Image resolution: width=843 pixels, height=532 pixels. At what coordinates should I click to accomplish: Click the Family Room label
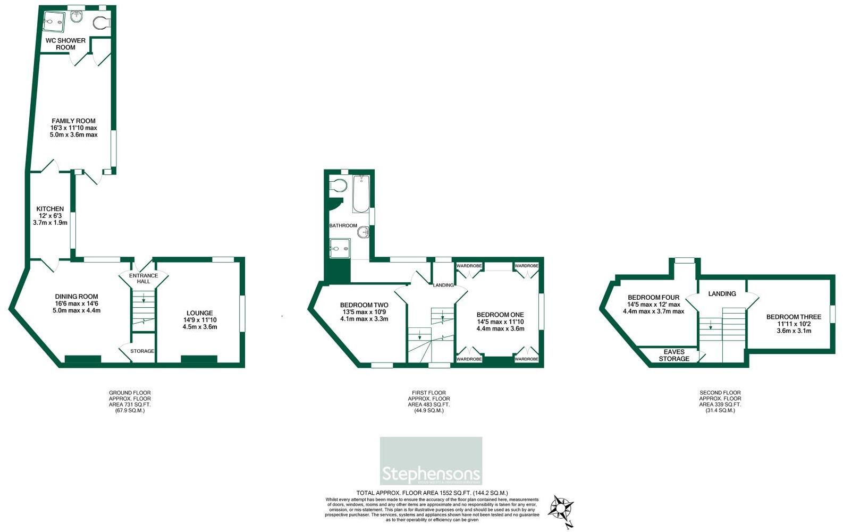(x=74, y=121)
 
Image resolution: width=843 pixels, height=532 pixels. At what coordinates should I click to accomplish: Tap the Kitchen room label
(x=50, y=209)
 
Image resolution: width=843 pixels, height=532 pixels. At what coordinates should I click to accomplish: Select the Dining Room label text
(x=77, y=297)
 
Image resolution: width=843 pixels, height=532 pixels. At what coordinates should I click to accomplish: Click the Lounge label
(x=200, y=313)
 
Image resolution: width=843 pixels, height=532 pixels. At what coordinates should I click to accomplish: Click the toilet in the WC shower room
(x=100, y=22)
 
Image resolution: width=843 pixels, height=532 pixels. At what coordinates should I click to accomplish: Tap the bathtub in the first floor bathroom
(x=361, y=194)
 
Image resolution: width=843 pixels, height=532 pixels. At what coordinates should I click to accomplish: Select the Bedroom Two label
(x=364, y=305)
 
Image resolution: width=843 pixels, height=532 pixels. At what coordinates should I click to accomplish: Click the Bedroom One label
(x=500, y=315)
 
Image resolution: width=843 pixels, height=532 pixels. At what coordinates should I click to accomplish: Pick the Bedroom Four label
(x=653, y=298)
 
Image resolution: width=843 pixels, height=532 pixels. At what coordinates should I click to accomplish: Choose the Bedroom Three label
(x=794, y=317)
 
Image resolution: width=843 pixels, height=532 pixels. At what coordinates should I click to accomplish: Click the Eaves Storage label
(x=674, y=355)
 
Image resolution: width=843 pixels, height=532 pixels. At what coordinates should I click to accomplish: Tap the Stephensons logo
(x=431, y=461)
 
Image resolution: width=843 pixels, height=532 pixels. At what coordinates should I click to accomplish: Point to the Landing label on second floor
(x=722, y=293)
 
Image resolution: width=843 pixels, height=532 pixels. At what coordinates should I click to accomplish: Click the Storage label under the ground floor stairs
(x=142, y=351)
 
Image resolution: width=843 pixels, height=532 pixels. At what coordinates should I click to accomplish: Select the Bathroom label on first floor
(x=343, y=225)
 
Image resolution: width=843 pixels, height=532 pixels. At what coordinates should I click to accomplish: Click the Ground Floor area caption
(x=130, y=401)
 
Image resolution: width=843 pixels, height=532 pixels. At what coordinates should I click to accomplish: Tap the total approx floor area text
(x=432, y=493)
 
